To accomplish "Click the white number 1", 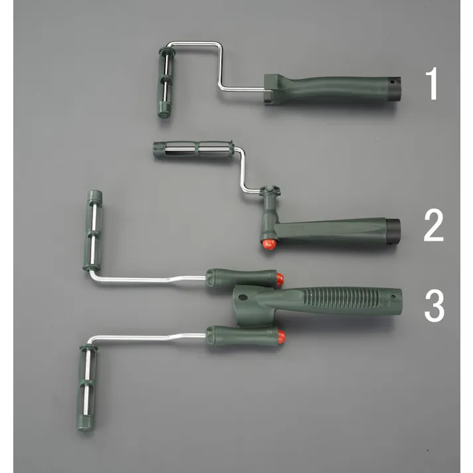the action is (x=433, y=84).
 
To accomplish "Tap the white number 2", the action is (x=434, y=226).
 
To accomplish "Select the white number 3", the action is (x=435, y=306).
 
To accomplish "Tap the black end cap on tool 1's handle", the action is (x=394, y=90).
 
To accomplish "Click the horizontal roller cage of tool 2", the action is (x=193, y=149).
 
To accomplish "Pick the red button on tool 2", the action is (x=269, y=244).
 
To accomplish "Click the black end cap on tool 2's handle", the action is (x=393, y=231).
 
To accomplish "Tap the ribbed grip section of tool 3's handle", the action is (x=341, y=298).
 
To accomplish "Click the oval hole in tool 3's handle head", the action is (x=243, y=297).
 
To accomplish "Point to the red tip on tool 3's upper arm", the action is (x=280, y=280).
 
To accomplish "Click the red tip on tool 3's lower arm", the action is (x=281, y=336).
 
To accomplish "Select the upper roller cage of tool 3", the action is (x=93, y=230).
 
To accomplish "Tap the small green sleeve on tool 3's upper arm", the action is (x=241, y=278).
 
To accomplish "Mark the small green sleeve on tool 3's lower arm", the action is (x=242, y=336).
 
